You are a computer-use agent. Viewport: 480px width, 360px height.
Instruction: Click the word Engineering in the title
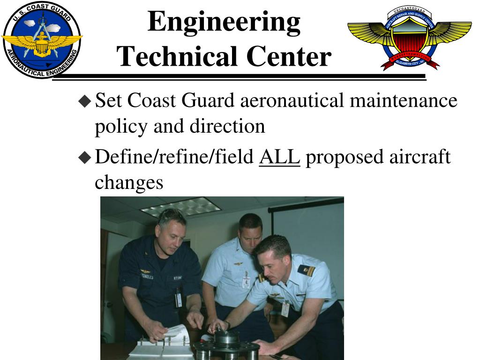[224, 22]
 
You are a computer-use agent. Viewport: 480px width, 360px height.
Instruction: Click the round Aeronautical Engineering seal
[41, 40]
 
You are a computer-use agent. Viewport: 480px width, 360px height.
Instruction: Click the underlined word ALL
[279, 158]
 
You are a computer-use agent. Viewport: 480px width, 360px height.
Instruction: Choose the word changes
[128, 182]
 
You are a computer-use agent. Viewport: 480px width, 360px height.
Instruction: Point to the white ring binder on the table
[159, 342]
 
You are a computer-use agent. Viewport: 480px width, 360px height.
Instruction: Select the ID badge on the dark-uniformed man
[178, 297]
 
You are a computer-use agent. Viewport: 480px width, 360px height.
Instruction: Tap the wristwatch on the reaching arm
[227, 325]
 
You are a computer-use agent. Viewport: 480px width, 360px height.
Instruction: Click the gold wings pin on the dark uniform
[146, 272]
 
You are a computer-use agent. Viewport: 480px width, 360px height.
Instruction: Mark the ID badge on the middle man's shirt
[246, 281]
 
